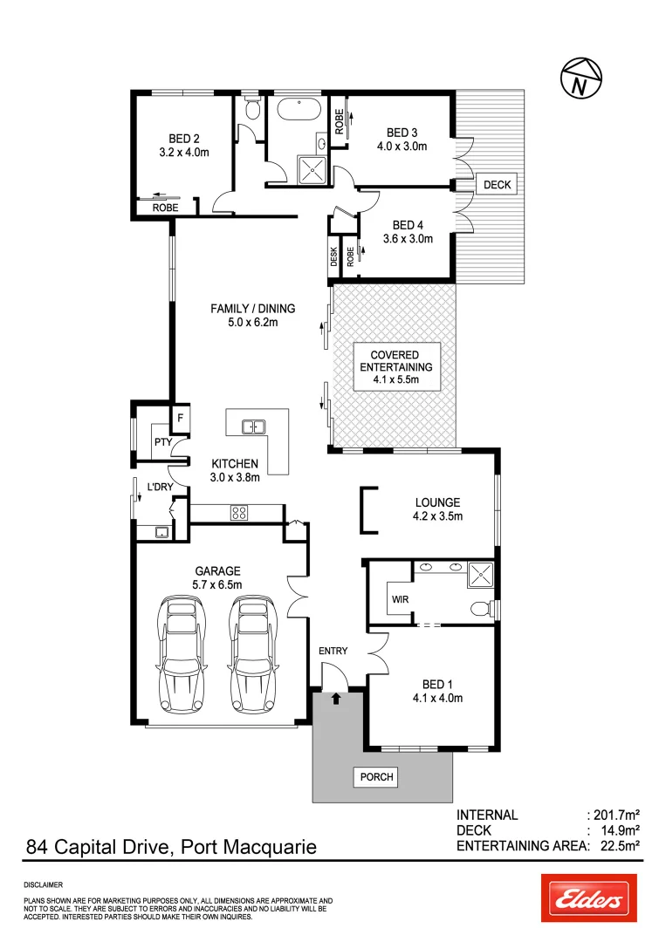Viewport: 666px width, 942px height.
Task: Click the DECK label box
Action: pyautogui.click(x=497, y=185)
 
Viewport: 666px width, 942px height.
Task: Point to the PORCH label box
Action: pyautogui.click(x=376, y=776)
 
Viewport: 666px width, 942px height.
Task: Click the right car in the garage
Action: pyautogui.click(x=255, y=654)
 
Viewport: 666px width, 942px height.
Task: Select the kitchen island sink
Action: pyautogui.click(x=254, y=427)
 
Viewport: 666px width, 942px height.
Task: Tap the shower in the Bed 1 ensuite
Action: pyautogui.click(x=479, y=574)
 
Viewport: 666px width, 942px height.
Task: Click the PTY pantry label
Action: pyautogui.click(x=162, y=442)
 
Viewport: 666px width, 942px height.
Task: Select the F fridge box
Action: pyautogui.click(x=181, y=418)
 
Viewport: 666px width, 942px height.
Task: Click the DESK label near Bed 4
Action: pyautogui.click(x=333, y=256)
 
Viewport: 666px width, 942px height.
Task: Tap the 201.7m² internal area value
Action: pyautogui.click(x=618, y=815)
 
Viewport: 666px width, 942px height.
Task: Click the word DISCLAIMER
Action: pyautogui.click(x=44, y=884)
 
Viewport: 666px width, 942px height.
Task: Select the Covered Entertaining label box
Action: pyautogui.click(x=395, y=367)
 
